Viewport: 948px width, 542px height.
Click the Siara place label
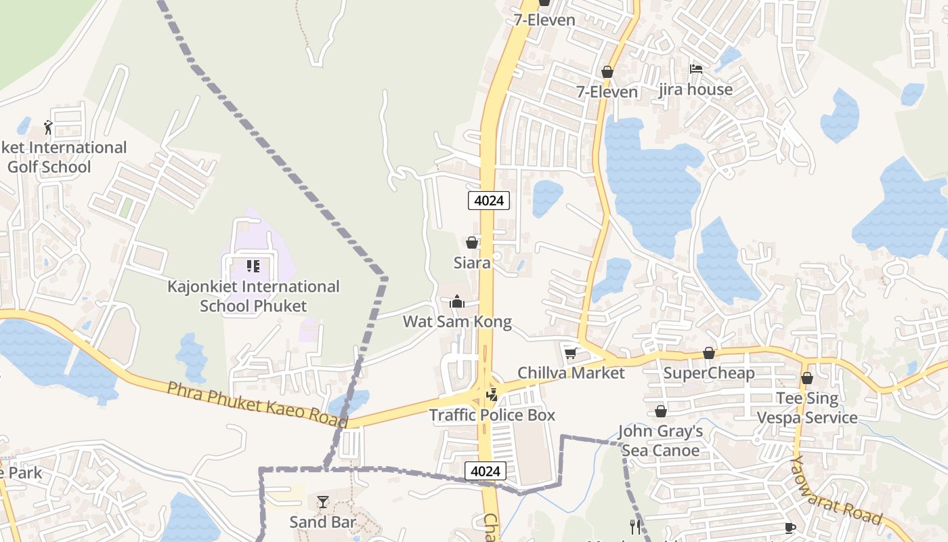tap(472, 263)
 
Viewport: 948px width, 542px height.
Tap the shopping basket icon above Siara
tap(472, 243)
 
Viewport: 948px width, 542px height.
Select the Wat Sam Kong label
tap(457, 322)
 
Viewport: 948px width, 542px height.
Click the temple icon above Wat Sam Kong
tap(457, 301)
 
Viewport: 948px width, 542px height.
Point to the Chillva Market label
tap(571, 373)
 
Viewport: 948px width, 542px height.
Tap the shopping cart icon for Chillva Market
tap(571, 353)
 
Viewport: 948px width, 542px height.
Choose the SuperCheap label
tap(709, 373)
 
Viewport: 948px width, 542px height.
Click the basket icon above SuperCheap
tap(709, 353)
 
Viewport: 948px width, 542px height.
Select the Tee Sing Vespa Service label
tap(807, 408)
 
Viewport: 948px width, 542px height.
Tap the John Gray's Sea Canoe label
tap(660, 441)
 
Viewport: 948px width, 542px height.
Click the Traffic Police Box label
tap(492, 415)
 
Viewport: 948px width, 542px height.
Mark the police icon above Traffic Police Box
tap(492, 394)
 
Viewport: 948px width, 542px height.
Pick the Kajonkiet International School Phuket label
tap(253, 296)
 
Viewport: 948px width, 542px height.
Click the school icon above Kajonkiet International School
tap(253, 266)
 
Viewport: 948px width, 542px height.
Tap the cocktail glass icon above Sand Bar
tap(323, 502)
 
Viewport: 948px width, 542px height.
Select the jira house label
tap(695, 89)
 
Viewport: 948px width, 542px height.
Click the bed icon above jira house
tap(695, 68)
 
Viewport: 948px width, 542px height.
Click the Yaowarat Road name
tap(836, 490)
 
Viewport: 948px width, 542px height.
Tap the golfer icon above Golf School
tap(48, 127)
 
